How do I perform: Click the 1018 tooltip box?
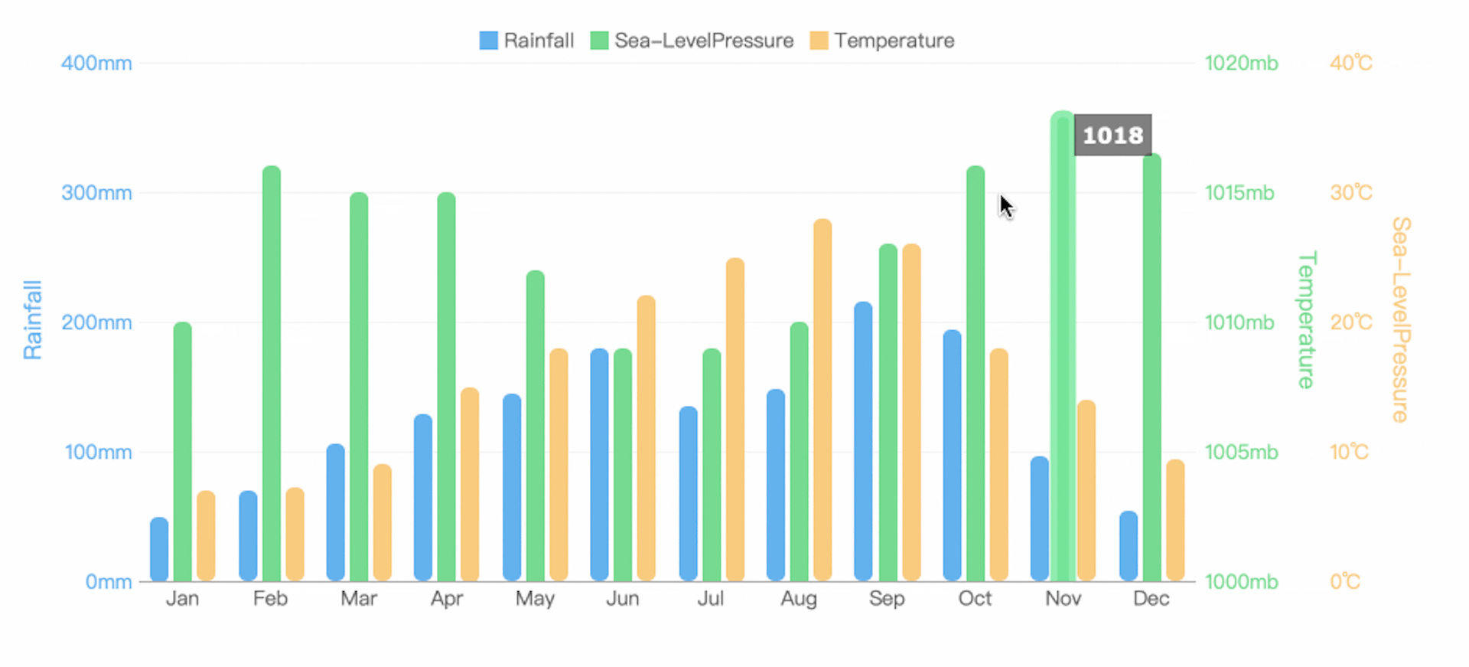(1112, 136)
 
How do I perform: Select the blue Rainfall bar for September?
(863, 442)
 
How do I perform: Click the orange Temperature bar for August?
(822, 400)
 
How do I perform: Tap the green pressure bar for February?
(272, 374)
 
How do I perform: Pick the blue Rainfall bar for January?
(159, 549)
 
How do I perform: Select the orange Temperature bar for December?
(1175, 520)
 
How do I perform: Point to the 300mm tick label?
(96, 193)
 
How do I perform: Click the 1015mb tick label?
(1239, 193)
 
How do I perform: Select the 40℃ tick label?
(1350, 63)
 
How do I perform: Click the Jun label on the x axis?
(622, 599)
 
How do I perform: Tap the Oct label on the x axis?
(975, 599)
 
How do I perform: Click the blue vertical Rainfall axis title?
(32, 319)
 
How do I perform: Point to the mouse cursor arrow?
(1005, 205)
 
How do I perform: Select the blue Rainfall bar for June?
(599, 465)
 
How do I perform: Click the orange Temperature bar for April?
(470, 484)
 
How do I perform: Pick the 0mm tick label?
(109, 582)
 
